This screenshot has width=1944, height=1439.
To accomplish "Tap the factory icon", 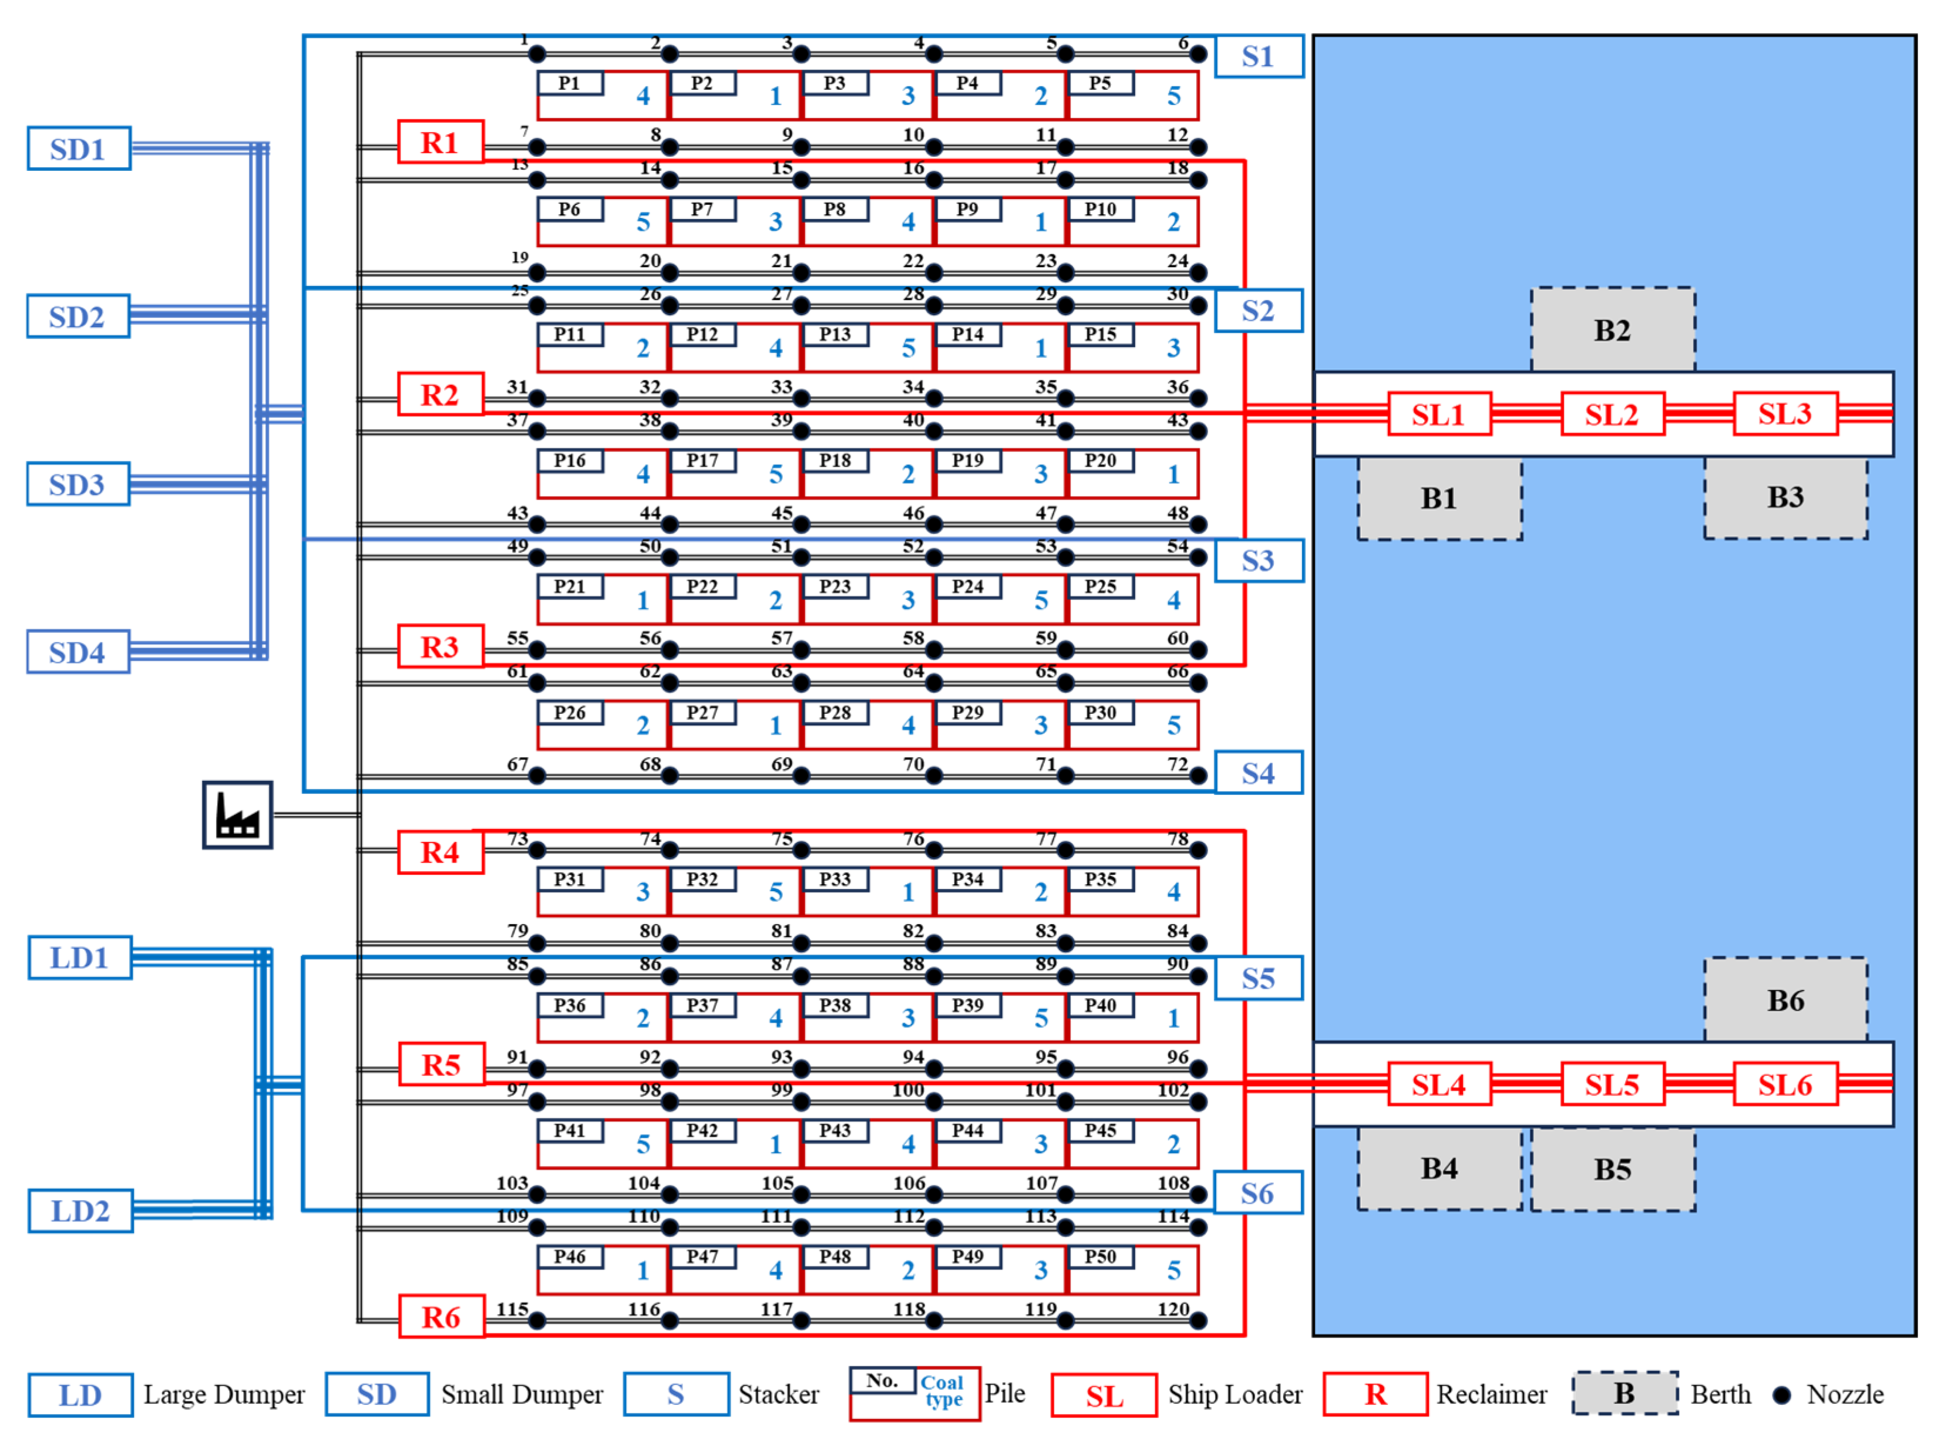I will pos(238,815).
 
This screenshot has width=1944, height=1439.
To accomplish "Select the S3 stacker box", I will pos(1260,561).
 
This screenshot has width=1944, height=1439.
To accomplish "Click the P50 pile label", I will pos(1101,1258).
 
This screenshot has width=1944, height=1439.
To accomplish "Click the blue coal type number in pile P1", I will pos(643,97).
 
